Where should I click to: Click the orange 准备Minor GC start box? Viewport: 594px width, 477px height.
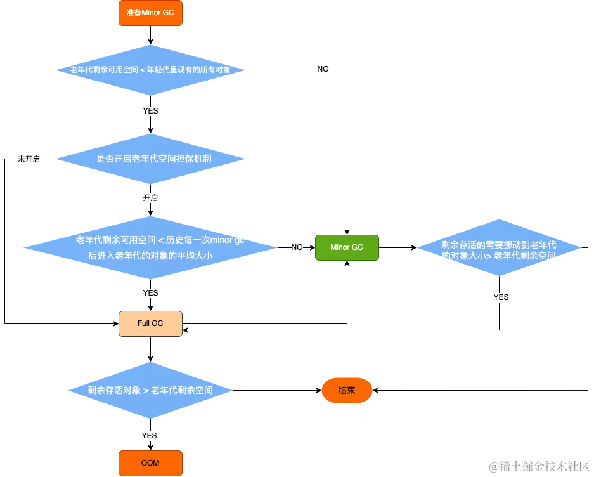(150, 13)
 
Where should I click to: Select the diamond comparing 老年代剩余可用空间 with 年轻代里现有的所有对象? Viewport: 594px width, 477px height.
(150, 70)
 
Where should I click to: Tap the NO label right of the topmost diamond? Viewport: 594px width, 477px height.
(323, 69)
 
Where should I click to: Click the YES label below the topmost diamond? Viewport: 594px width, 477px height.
(150, 111)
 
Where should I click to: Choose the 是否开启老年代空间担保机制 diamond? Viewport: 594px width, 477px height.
(150, 159)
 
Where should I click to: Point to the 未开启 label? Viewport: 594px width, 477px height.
(28, 159)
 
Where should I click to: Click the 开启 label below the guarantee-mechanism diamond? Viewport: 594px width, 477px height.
(150, 198)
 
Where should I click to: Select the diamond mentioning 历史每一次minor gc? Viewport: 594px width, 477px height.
(150, 247)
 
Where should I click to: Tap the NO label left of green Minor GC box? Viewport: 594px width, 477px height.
(296, 247)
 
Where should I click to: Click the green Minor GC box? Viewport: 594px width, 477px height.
(347, 247)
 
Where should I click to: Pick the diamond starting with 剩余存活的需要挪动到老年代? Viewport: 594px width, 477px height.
(499, 249)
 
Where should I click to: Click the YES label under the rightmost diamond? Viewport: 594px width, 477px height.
(501, 297)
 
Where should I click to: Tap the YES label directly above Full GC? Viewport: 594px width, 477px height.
(150, 293)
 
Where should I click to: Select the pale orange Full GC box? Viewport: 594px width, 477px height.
(150, 323)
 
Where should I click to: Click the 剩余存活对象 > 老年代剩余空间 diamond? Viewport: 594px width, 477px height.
(150, 390)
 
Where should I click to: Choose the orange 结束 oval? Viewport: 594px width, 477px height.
(347, 390)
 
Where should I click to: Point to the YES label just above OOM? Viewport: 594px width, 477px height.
(149, 436)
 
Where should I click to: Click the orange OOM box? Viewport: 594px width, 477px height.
(150, 463)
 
